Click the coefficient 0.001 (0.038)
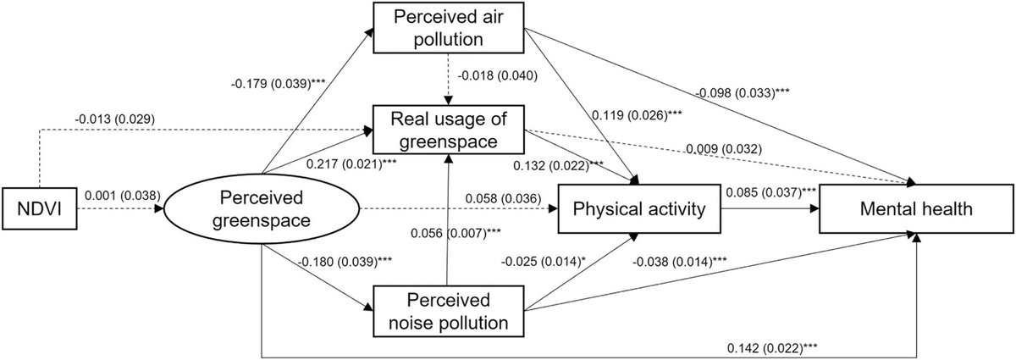[119, 193]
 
